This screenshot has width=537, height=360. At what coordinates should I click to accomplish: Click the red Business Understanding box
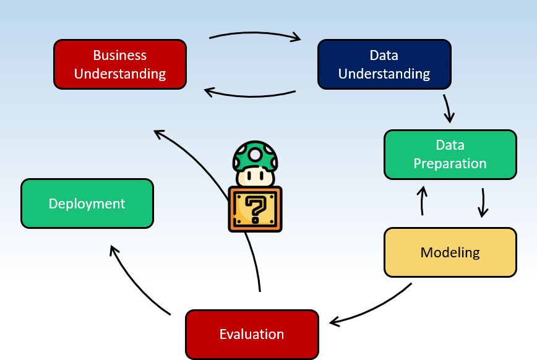[x=120, y=64]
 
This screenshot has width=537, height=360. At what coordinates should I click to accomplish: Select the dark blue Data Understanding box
[x=384, y=64]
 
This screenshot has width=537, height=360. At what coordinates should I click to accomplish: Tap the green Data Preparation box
[x=450, y=155]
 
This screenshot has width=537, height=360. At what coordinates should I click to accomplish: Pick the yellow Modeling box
[x=450, y=252]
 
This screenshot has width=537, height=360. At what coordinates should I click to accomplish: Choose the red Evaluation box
[x=252, y=335]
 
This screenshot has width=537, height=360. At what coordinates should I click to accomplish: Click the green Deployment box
[x=87, y=204]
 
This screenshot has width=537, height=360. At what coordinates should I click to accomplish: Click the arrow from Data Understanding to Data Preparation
[x=448, y=108]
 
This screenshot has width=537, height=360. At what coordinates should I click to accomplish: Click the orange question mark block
[x=255, y=209]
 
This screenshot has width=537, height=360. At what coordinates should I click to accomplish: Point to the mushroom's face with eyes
[x=255, y=176]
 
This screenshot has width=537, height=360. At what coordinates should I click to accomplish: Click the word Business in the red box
[x=120, y=55]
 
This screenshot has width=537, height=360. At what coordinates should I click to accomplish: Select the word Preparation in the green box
[x=450, y=164]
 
